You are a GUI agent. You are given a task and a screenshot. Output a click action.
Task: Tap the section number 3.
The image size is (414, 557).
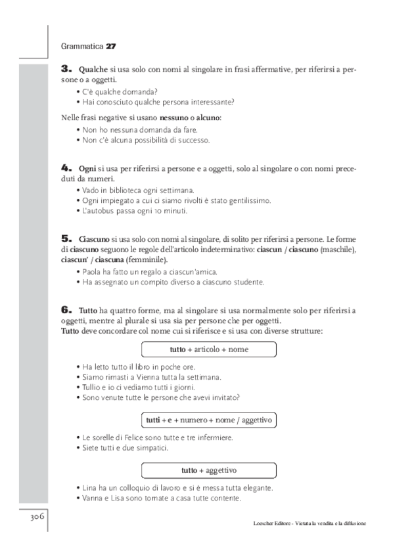coord(66,68)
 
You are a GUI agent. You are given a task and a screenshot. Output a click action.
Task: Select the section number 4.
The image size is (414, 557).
coord(66,169)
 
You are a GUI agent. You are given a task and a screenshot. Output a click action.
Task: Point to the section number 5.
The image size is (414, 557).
coord(66,238)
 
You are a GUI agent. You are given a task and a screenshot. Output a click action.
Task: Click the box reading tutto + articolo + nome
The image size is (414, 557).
coord(209,349)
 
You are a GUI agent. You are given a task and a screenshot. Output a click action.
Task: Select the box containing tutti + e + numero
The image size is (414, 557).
coord(209,418)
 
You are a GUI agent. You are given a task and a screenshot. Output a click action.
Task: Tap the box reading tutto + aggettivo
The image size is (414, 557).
coord(209,470)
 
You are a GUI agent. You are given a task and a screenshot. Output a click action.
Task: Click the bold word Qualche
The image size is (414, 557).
coord(91,69)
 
